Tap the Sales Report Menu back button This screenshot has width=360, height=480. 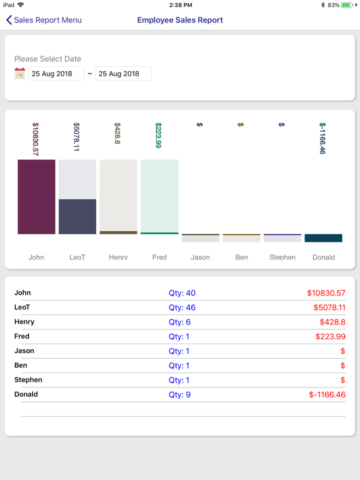pos(44,20)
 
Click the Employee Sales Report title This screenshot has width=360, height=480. pos(180,20)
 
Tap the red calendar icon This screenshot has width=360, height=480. pos(20,74)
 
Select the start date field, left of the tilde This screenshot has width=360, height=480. pos(56,74)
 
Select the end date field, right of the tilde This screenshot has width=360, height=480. pos(123,74)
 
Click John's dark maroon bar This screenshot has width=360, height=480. pos(36,197)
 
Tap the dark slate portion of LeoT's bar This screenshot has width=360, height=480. pos(77,217)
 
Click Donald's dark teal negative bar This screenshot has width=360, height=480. pos(324,238)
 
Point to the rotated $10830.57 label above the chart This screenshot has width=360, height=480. pos(36,139)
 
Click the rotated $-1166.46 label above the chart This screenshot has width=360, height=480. pos(322,138)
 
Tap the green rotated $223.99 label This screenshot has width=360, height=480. pos(158,135)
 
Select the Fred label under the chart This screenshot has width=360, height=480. pos(159,257)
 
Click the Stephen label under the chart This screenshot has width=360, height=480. pos(282,257)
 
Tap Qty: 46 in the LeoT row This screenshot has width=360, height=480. pos(182,307)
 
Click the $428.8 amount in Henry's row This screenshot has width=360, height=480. pos(332,322)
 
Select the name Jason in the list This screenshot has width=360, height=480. pos(24,351)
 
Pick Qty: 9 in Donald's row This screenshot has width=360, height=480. pos(179,394)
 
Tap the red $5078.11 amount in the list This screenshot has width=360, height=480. pos(329,307)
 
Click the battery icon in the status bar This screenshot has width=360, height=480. pos(347,5)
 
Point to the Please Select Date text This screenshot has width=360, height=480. pos(47,59)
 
